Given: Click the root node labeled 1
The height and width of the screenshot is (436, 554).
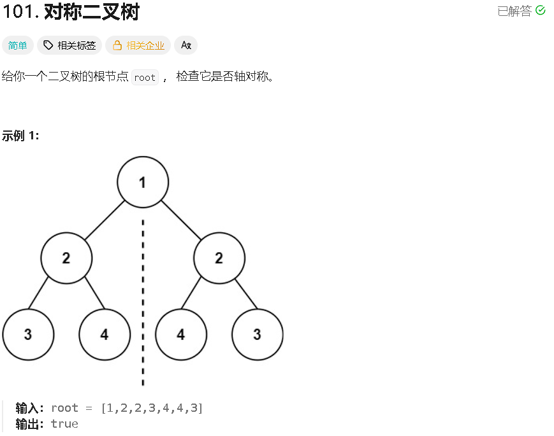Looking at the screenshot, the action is pyautogui.click(x=143, y=182).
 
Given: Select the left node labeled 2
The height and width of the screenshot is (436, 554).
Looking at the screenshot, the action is pyautogui.click(x=66, y=258).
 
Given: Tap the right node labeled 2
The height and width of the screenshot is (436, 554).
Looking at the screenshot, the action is pyautogui.click(x=219, y=258).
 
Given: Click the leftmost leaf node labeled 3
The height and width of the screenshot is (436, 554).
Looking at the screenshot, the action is pyautogui.click(x=28, y=334).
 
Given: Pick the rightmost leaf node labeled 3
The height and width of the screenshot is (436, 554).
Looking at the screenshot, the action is pyautogui.click(x=258, y=334).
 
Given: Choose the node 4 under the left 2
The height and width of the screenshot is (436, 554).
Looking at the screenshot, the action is pyautogui.click(x=105, y=334).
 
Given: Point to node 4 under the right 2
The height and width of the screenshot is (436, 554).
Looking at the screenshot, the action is pyautogui.click(x=181, y=334).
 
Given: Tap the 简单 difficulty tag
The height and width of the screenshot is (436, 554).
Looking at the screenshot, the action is pyautogui.click(x=18, y=45).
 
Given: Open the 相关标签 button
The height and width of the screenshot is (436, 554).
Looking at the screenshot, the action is pyautogui.click(x=69, y=45).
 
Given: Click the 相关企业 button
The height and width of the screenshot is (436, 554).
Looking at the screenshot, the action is pyautogui.click(x=138, y=45).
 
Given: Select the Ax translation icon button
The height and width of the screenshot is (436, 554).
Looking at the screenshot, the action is pyautogui.click(x=186, y=45).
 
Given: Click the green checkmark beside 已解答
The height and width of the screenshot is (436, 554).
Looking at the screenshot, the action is pyautogui.click(x=541, y=10).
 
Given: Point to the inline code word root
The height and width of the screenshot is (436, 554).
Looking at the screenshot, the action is pyautogui.click(x=145, y=78).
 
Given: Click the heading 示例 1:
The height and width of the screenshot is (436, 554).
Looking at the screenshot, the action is pyautogui.click(x=20, y=136).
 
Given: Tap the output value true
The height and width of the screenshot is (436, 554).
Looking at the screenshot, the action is pyautogui.click(x=64, y=424).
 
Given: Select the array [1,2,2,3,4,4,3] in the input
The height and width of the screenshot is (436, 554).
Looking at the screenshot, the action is pyautogui.click(x=152, y=408).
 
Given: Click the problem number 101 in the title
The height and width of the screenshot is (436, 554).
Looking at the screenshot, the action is pyautogui.click(x=18, y=11).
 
